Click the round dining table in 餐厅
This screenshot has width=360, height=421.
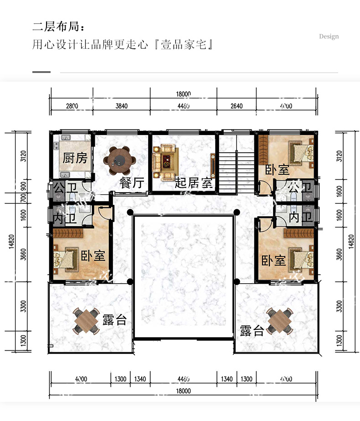(x=120, y=160)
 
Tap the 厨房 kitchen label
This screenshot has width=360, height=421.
(x=75, y=158)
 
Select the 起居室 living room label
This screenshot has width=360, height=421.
(x=194, y=183)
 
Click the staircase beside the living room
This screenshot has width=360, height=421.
(x=237, y=172)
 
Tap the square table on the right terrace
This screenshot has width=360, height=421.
(x=279, y=321)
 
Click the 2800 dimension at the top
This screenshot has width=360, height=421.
(x=72, y=106)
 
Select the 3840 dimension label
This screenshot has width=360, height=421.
(x=122, y=106)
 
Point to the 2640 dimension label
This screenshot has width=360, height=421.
(x=237, y=106)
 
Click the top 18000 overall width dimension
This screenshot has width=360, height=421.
(x=184, y=94)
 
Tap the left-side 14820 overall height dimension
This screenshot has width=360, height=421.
(x=11, y=242)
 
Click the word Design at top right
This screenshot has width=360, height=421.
(x=329, y=36)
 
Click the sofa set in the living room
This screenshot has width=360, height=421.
(x=166, y=162)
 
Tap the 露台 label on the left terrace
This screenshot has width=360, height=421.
(x=114, y=320)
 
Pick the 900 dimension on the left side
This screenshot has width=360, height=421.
(x=23, y=186)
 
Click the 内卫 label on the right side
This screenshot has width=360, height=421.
(x=300, y=217)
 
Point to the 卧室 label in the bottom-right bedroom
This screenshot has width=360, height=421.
(x=273, y=261)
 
